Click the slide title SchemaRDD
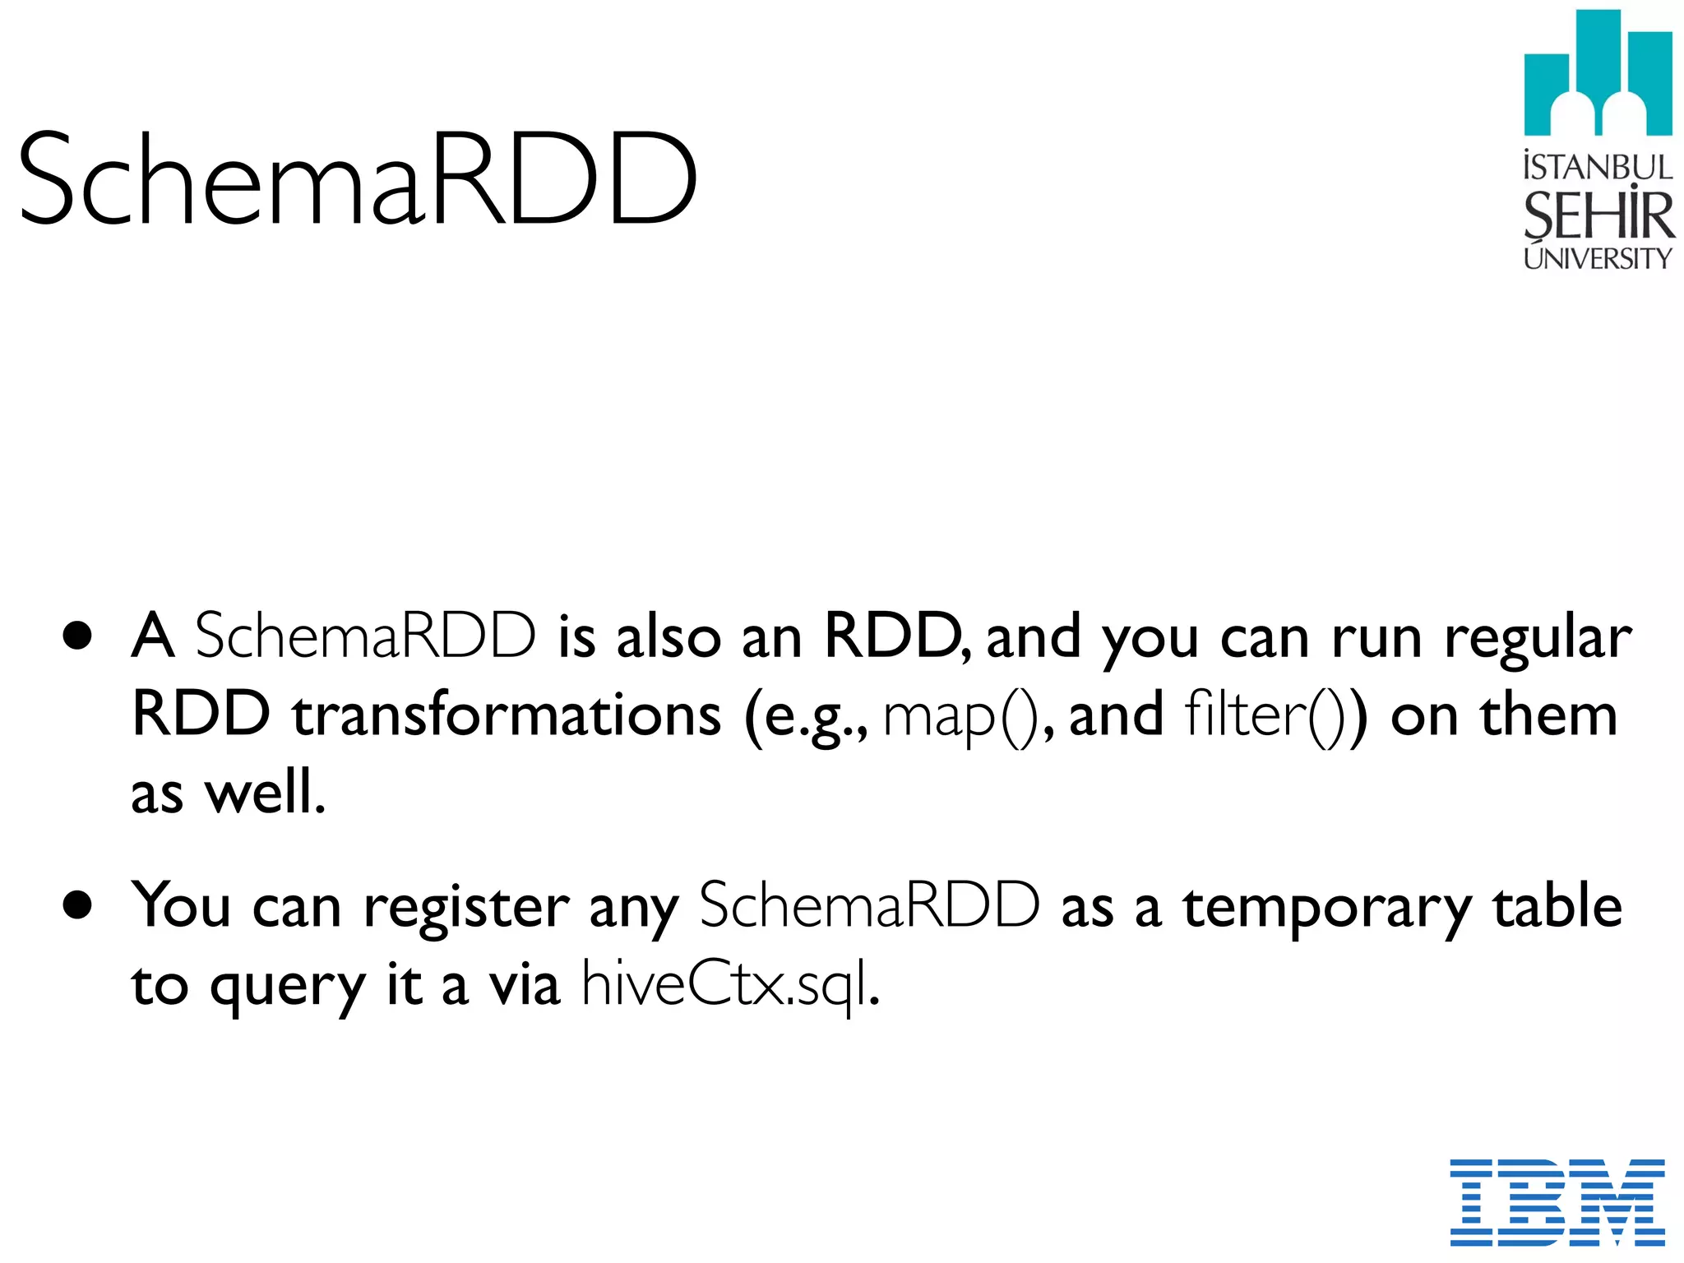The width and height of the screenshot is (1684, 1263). (358, 178)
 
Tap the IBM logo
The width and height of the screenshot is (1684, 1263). (1557, 1201)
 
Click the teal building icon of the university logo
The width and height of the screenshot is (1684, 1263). (1598, 74)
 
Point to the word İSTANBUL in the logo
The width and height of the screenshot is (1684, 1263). (1597, 166)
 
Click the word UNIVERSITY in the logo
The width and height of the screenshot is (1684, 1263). (1597, 258)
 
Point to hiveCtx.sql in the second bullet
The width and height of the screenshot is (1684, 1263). (730, 984)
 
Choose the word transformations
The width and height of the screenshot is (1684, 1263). (507, 715)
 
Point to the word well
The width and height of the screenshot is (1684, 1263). (265, 793)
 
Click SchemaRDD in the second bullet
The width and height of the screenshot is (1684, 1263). (869, 906)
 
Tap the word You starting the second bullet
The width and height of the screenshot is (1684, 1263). (182, 906)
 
